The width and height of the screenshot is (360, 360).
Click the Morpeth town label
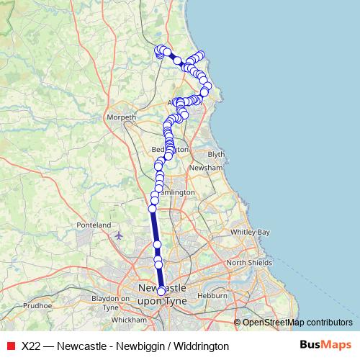coord(121,117)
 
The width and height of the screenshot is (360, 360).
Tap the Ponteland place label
coord(94,225)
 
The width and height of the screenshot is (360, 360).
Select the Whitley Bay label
coord(250,233)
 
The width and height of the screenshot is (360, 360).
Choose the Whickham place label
coord(129,318)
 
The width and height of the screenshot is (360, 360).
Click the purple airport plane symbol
coord(119,234)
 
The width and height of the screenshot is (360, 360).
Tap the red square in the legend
coord(11,346)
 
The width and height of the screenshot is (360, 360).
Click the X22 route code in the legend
coord(31,346)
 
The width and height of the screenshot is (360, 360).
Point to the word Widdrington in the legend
coord(201,346)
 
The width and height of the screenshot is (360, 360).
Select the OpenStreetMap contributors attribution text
coord(297,322)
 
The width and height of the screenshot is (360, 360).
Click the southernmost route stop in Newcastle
coord(161,291)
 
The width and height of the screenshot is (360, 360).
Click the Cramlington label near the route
coord(175,193)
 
